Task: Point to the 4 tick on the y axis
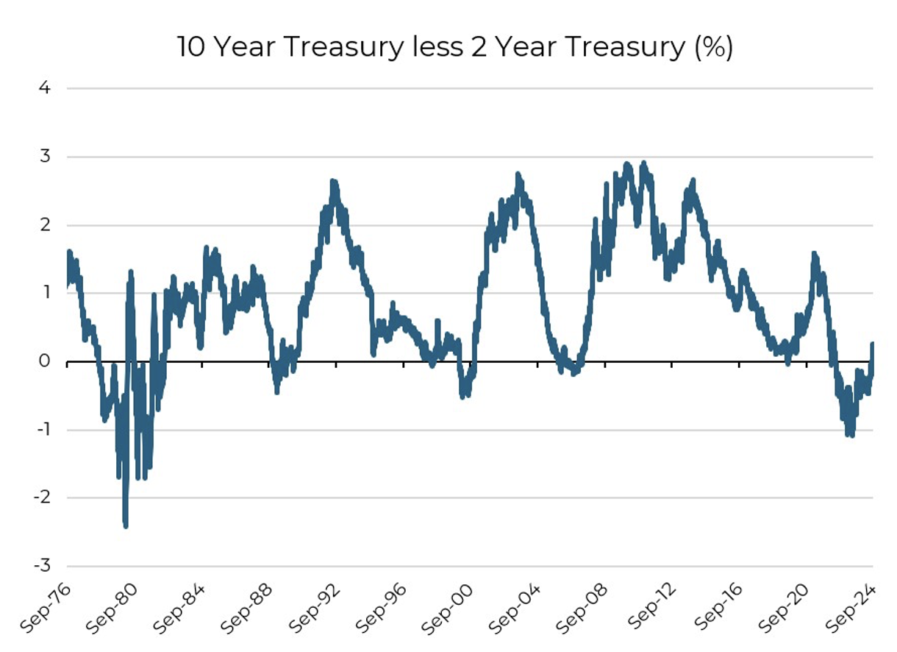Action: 45,88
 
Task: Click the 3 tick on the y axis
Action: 45,157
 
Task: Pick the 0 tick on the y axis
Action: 45,362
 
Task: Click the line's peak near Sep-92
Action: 333,181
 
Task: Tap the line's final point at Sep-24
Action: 873,344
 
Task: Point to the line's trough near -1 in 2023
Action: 851,435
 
